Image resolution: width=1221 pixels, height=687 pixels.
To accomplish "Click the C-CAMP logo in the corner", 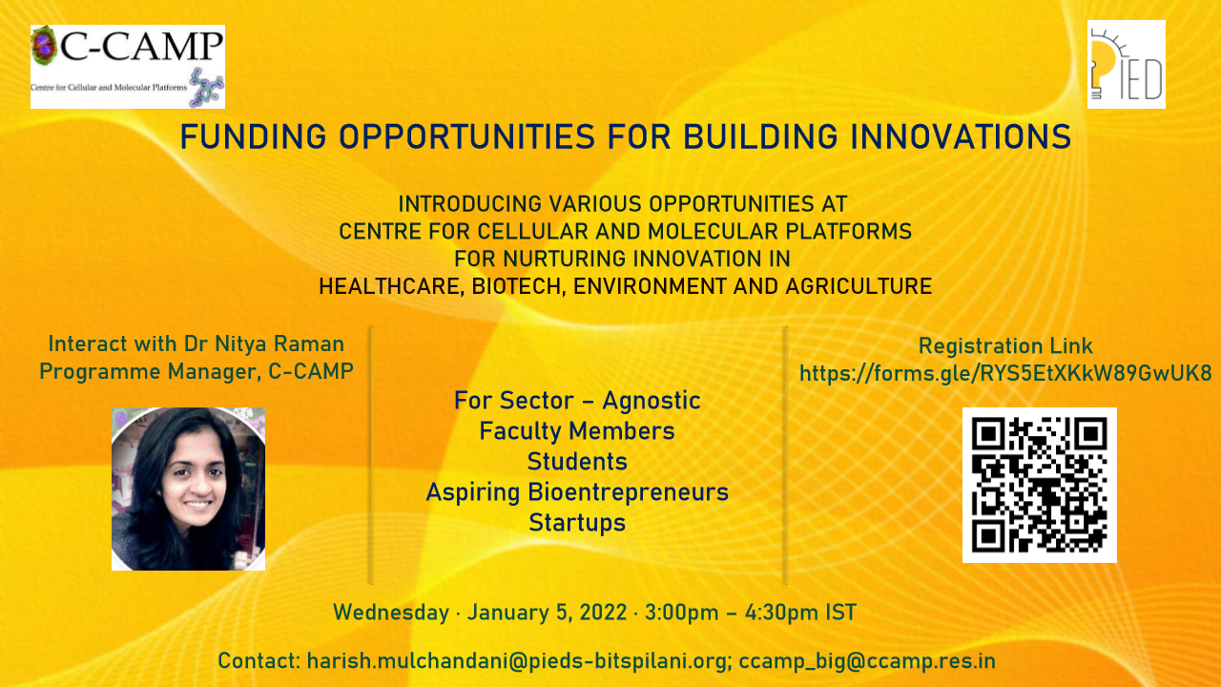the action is point(128,67).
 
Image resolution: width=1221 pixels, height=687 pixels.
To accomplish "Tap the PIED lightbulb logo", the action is point(1127,64).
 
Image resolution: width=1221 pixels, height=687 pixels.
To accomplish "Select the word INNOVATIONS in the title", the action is point(961,136).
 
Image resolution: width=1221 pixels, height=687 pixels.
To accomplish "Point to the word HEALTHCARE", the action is point(391,287).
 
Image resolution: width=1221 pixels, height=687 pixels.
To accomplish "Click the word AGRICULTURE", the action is point(859,286).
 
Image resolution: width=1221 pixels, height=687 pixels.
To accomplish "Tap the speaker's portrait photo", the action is point(188,489).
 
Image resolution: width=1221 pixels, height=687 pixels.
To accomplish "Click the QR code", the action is point(1040,486).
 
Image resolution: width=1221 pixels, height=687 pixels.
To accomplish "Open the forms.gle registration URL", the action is point(1005,374).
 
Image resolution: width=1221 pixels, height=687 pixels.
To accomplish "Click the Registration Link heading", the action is point(1005,345).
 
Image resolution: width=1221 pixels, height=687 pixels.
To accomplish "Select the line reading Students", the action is point(577,461).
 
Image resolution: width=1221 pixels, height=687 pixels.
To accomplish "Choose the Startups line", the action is point(577,523).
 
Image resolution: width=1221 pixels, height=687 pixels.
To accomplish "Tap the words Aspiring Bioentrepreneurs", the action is point(577,492).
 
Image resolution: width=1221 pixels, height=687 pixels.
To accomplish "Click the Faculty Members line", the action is point(577,430).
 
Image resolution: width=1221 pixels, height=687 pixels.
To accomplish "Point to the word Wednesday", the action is point(391,613).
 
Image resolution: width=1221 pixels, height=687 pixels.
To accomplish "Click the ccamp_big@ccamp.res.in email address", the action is point(867,661).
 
